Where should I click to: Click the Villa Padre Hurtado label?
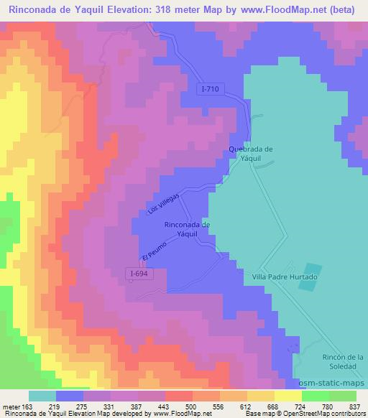285,277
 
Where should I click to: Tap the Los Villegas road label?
163,205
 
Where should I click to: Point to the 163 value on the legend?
29,407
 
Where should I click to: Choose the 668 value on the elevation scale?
270,407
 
